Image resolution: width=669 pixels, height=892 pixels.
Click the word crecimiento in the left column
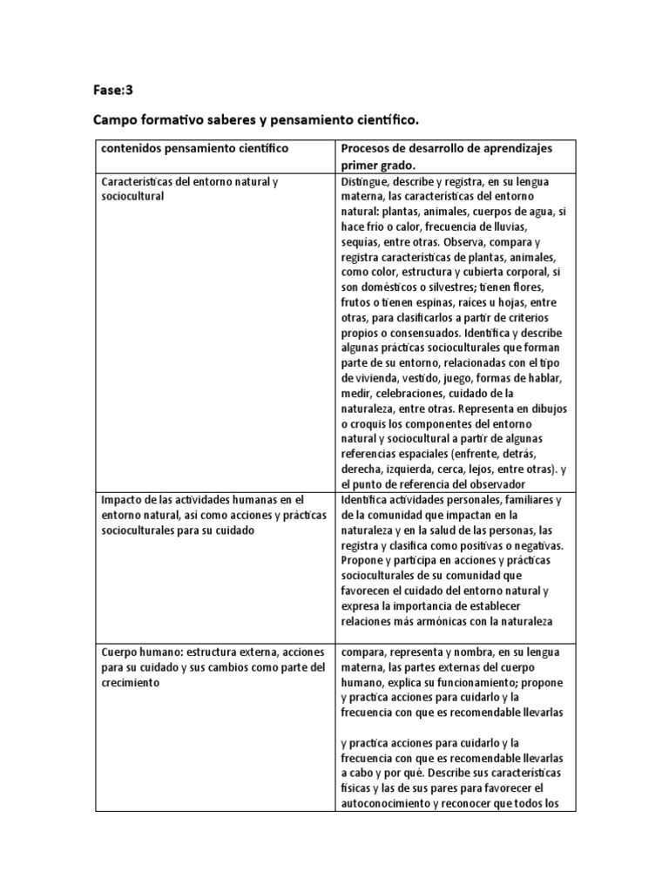(x=131, y=683)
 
